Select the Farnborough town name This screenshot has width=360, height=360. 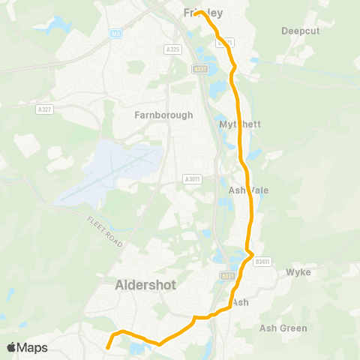163,115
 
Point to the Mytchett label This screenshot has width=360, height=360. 240,124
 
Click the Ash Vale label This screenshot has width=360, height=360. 248,190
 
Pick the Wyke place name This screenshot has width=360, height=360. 298,273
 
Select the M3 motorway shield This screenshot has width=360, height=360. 115,34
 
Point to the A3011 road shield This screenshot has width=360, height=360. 192,179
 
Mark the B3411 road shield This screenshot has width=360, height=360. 261,261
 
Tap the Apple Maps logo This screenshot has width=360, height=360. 27,348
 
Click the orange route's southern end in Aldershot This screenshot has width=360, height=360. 107,347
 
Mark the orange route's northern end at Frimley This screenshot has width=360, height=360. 198,13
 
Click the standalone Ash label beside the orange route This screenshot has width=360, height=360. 241,302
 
